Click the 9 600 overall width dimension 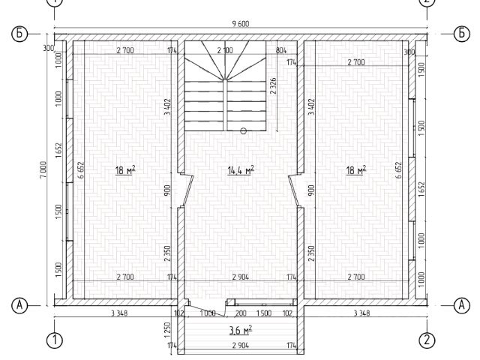241,24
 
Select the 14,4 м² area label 241,170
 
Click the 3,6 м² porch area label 241,330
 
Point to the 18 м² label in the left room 125,170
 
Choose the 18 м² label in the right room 356,170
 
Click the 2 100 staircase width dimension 225,50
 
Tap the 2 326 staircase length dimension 273,85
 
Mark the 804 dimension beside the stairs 281,50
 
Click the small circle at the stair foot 243,131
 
